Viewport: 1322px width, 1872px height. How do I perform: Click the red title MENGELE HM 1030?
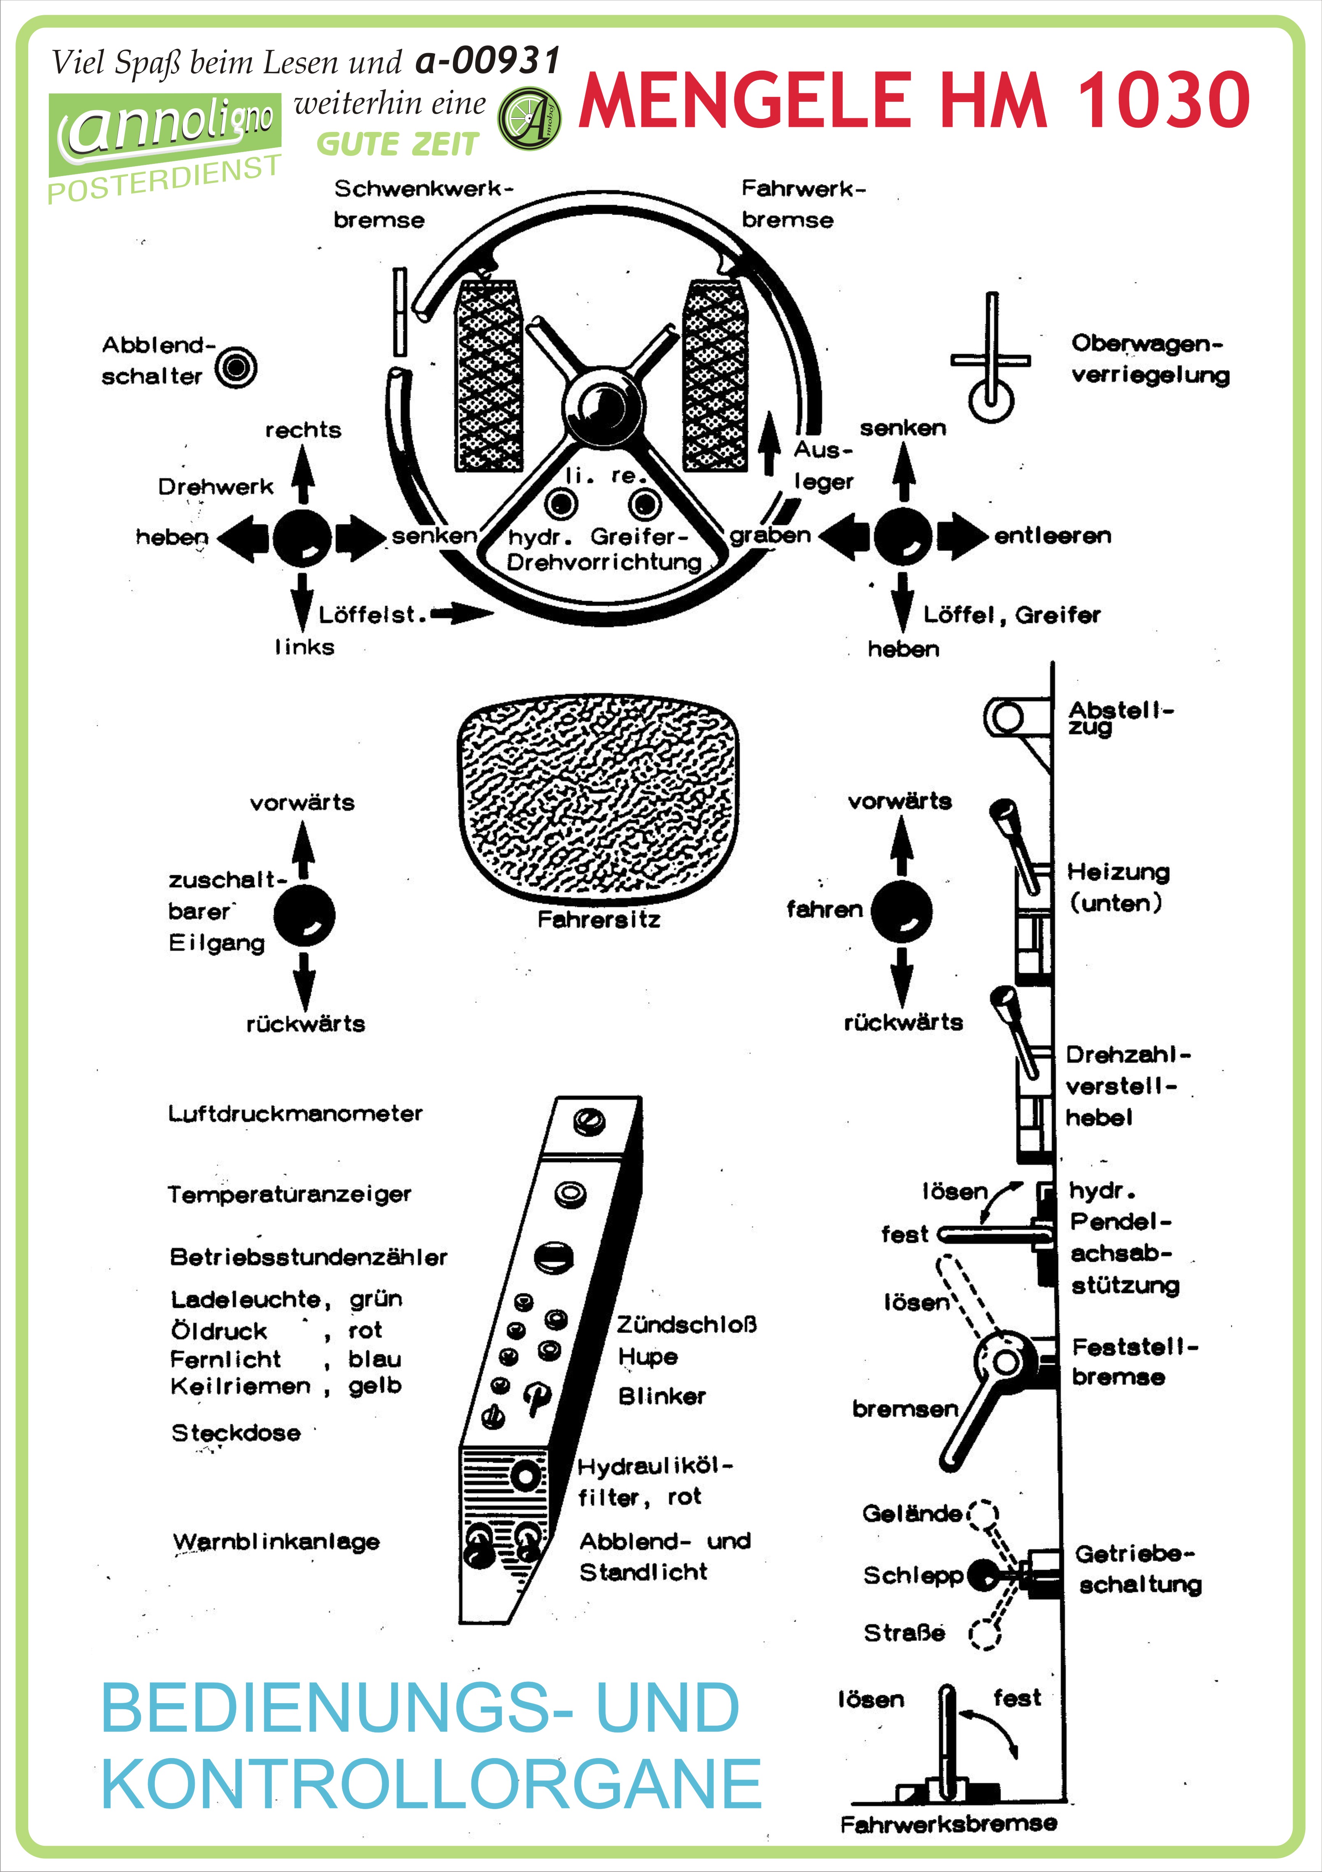[913, 100]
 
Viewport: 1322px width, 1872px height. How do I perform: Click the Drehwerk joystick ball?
[302, 537]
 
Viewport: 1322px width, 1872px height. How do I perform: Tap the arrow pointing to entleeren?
[962, 536]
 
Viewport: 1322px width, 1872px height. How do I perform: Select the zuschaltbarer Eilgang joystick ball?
[304, 915]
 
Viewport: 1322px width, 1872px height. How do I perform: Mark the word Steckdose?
[236, 1432]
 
